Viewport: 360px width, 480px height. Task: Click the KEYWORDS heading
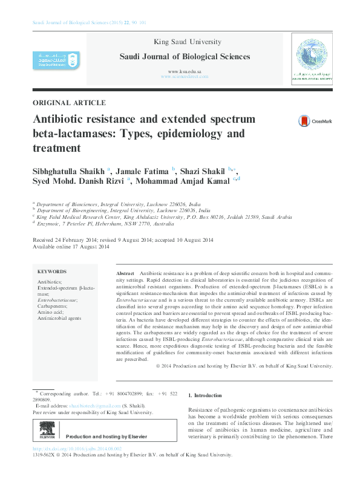[x=52, y=272]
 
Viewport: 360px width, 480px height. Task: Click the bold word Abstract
[x=125, y=274]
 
